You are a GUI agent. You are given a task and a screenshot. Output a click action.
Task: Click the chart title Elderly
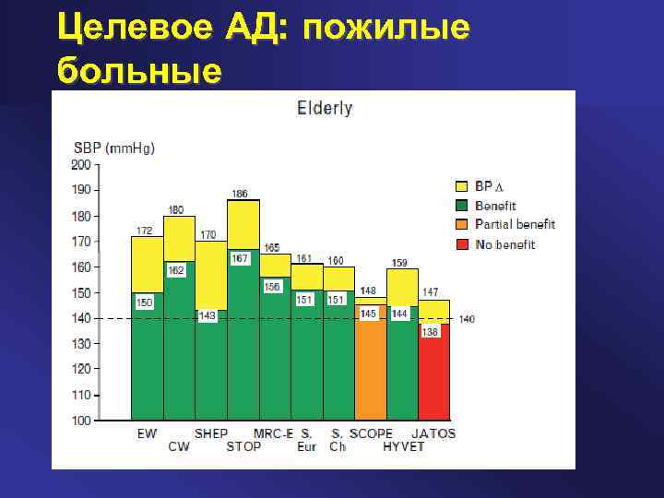324,108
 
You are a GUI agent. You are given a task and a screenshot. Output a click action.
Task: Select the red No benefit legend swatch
462,245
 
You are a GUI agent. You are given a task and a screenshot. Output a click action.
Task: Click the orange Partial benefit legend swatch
462,225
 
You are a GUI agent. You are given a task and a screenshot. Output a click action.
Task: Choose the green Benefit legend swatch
462,206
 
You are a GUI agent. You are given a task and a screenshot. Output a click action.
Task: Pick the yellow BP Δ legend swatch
462,186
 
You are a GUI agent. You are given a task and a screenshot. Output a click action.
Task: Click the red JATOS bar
433,378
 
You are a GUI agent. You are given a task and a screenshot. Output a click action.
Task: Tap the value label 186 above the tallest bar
240,194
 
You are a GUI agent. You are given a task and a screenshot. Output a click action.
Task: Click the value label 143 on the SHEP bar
207,315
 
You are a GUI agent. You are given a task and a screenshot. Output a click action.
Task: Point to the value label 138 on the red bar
430,332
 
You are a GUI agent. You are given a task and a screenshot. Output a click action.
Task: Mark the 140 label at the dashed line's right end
467,319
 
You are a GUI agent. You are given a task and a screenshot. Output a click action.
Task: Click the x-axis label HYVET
405,447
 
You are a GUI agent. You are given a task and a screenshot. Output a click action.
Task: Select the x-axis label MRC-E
273,433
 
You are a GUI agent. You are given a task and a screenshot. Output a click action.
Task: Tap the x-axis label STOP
243,447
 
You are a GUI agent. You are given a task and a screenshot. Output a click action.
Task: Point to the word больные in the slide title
139,69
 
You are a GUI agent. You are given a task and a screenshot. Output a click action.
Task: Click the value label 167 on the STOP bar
240,259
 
